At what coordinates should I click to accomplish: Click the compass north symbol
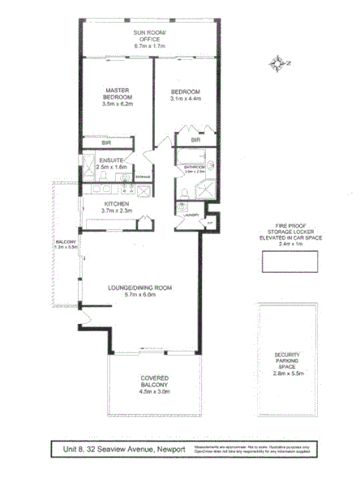tap(281, 62)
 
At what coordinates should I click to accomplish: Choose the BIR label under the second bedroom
tap(195, 139)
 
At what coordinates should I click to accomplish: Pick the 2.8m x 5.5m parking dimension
tap(289, 377)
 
